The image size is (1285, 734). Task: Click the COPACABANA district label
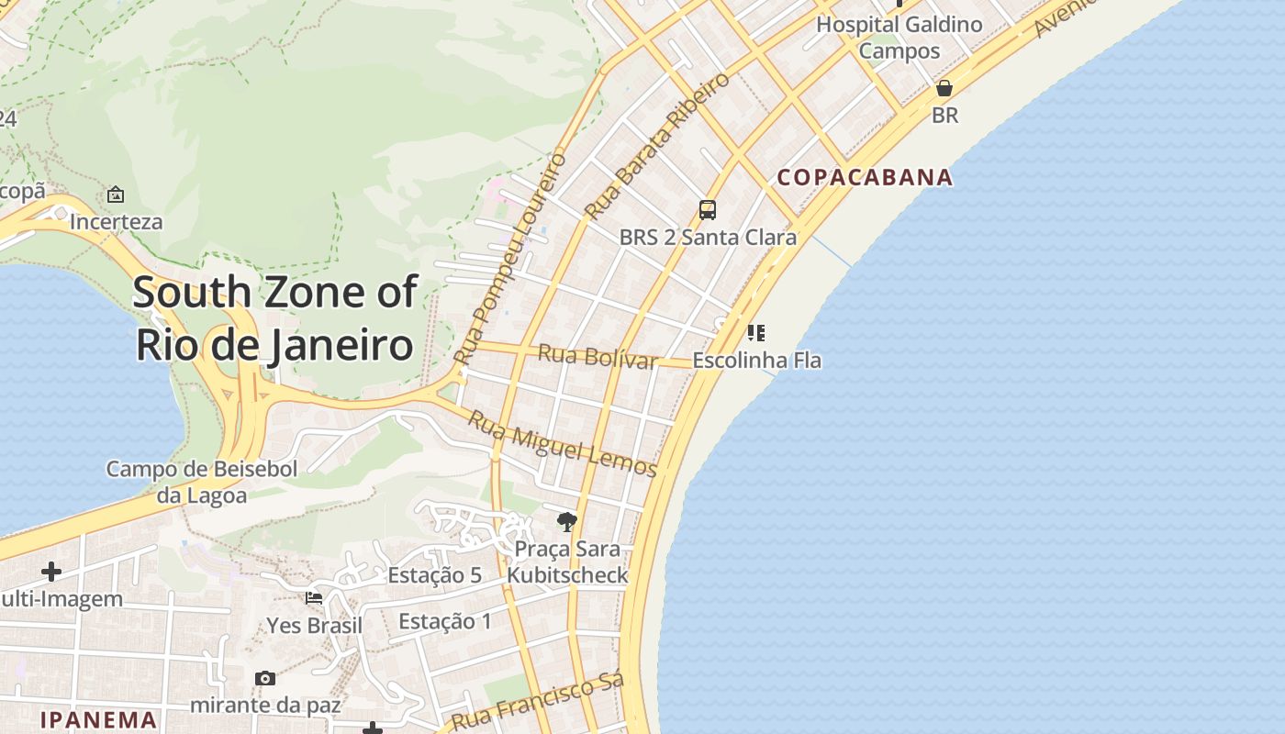pos(865,177)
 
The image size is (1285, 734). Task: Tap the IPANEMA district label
pos(98,719)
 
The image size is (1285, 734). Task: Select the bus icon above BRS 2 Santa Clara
pos(707,209)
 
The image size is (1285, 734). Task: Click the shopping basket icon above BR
pos(944,88)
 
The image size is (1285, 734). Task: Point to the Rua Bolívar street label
pos(598,356)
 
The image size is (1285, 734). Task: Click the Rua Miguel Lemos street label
pos(563,444)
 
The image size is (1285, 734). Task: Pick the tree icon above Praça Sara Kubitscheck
pos(567,522)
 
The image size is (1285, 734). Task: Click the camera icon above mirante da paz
pos(265,678)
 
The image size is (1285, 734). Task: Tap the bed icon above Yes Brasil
pos(314,598)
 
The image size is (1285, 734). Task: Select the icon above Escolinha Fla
pos(756,332)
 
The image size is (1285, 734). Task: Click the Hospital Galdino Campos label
pos(899,38)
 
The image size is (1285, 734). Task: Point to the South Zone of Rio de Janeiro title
pos(275,318)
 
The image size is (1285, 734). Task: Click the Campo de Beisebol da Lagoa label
pos(202,483)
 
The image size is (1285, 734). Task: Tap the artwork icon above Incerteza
pos(116,195)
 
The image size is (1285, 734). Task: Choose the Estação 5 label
pos(434,575)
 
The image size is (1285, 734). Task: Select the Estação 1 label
pos(445,621)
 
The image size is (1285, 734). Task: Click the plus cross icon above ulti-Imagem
pos(51,572)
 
